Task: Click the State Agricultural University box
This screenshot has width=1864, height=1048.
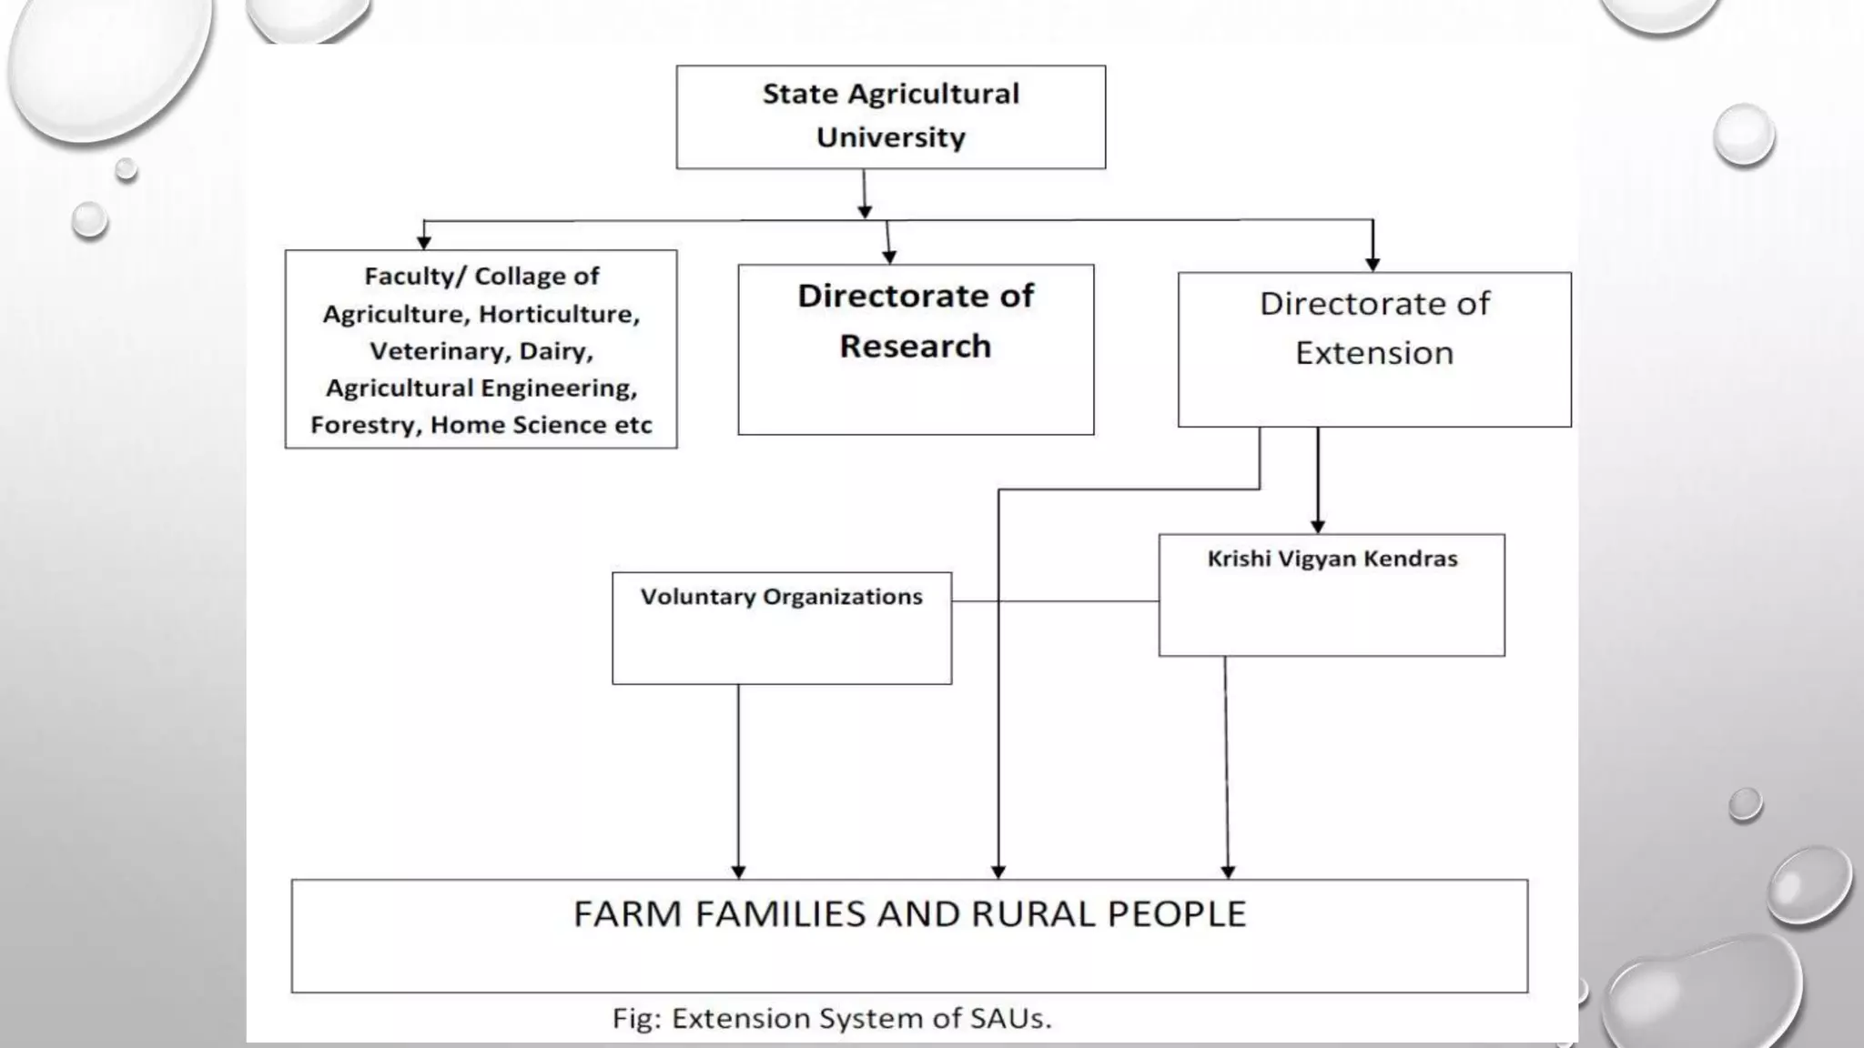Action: point(890,116)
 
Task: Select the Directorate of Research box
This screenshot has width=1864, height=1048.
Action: point(915,349)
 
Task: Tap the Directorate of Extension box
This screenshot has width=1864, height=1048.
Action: point(1373,349)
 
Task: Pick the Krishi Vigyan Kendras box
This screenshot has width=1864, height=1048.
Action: point(1331,594)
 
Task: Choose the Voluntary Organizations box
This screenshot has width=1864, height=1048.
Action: point(781,628)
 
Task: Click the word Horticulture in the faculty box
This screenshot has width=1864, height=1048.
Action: point(559,314)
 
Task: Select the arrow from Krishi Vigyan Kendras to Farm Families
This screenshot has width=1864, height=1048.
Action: point(1226,764)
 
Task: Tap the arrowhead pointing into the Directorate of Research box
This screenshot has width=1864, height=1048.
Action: point(889,257)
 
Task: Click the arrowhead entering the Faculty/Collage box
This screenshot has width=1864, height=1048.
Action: point(423,242)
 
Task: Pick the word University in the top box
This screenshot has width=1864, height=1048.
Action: point(890,137)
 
